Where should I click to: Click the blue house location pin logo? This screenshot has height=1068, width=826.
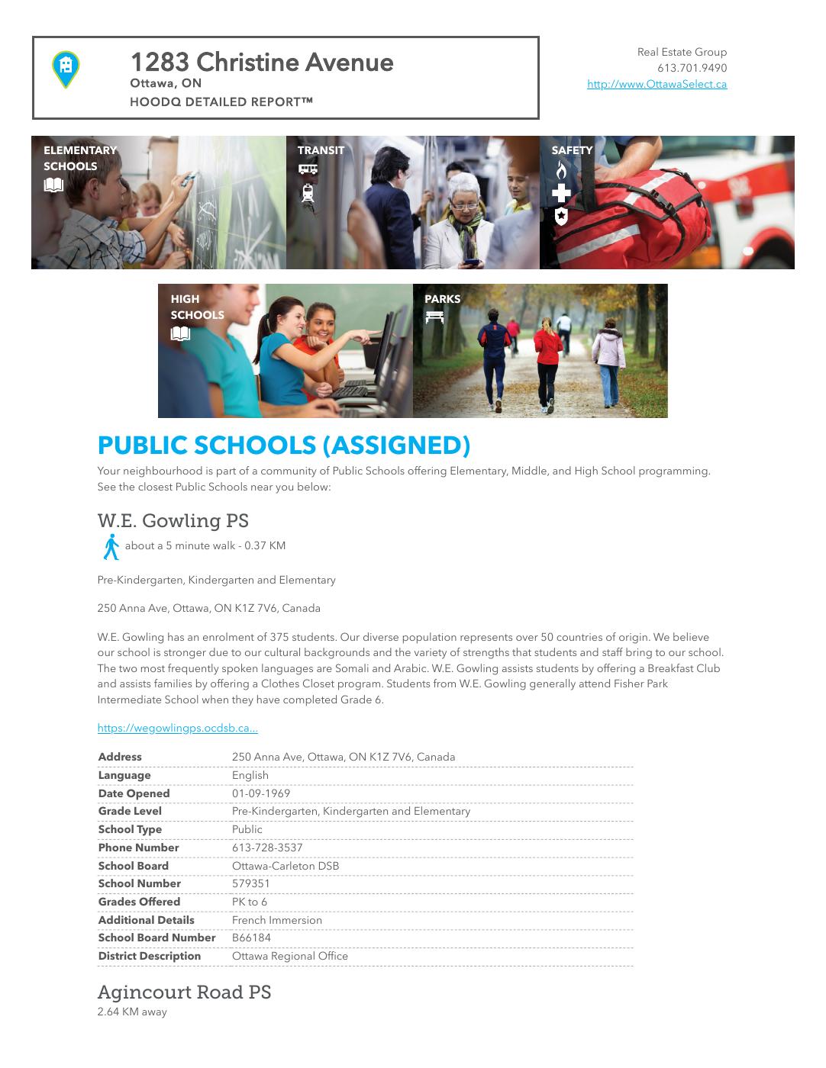66,69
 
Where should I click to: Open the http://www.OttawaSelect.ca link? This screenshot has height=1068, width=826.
657,85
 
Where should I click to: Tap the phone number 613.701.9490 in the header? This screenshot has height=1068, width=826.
692,69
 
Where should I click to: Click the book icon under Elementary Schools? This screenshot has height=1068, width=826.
53,185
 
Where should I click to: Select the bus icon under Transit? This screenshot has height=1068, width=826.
308,169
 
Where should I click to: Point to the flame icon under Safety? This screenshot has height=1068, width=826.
561,170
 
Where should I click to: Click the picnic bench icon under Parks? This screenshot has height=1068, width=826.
434,317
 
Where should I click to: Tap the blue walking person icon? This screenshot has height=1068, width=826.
111,547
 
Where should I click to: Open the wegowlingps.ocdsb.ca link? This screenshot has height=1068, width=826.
177,729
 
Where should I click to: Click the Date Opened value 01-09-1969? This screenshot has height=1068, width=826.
260,793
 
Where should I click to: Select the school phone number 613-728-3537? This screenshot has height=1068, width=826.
267,848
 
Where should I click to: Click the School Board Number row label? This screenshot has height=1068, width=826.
156,938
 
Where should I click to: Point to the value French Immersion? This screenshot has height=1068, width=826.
276,920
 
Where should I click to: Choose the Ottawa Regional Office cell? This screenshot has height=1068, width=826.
289,956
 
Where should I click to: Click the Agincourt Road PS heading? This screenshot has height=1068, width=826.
184,992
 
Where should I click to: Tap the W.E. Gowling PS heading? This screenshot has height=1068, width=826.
173,521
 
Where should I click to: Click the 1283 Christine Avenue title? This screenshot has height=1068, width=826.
262,63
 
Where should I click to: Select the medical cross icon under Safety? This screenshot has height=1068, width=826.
561,193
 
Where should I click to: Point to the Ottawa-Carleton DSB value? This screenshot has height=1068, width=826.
285,866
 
